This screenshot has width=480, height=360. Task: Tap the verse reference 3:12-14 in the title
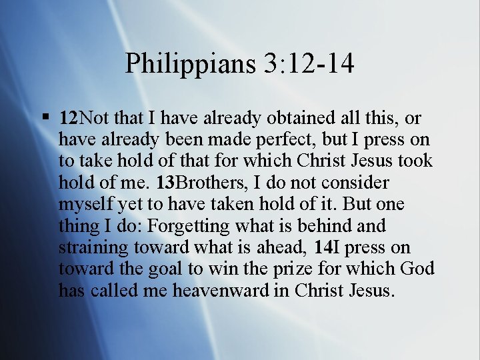click(309, 64)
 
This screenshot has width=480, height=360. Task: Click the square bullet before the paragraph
click(45, 118)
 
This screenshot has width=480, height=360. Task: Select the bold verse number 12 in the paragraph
click(68, 119)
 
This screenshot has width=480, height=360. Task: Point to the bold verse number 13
click(167, 183)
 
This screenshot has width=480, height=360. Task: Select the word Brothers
click(210, 183)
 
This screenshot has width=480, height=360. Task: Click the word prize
click(321, 270)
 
